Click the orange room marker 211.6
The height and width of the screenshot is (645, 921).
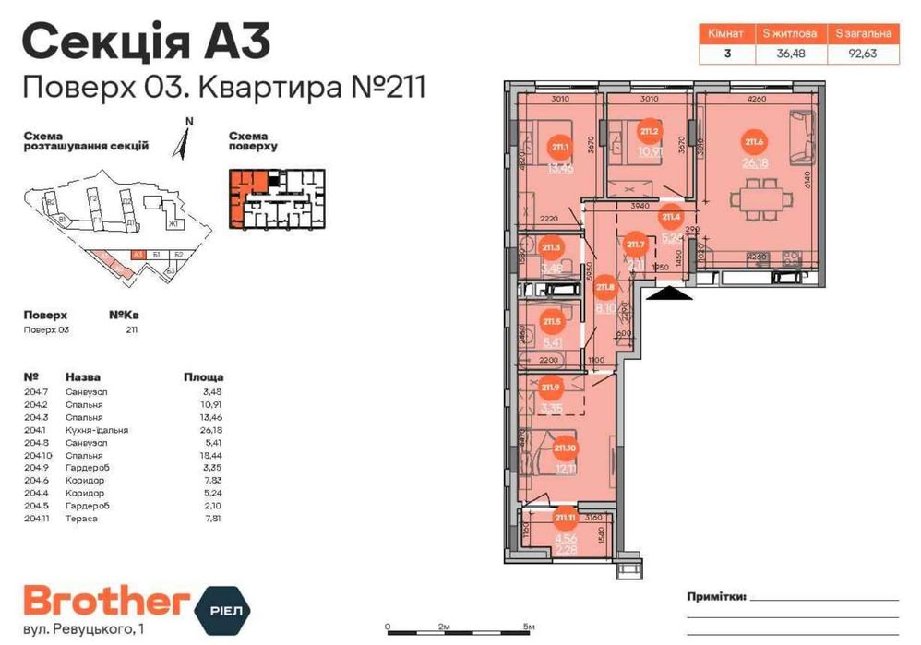point(753,142)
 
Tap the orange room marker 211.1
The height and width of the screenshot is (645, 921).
point(559,147)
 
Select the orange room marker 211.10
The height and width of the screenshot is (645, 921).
point(565,449)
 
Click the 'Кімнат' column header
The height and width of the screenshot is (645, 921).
point(725,33)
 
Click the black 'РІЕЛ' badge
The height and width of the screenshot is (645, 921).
point(225,606)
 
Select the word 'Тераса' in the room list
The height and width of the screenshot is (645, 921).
point(79,519)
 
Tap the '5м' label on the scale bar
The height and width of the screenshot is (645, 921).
point(528,627)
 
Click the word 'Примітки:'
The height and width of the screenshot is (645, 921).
point(715,597)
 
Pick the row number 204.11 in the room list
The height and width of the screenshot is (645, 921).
point(38,519)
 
